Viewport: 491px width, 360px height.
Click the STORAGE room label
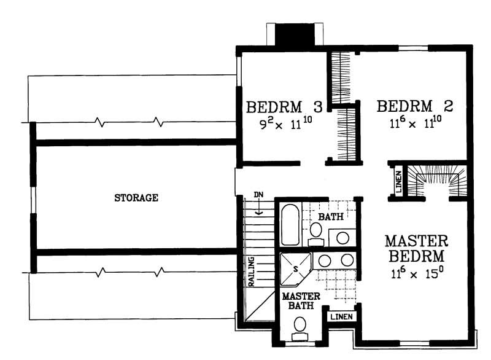[x=136, y=198]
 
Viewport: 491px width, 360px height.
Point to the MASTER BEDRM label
[x=416, y=247]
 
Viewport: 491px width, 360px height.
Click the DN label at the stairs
[x=259, y=195]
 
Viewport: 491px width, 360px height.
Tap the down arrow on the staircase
[x=260, y=209]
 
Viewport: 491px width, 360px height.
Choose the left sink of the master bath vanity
[x=325, y=260]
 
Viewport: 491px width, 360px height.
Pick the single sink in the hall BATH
[x=343, y=237]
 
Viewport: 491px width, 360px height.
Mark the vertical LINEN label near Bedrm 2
[x=397, y=182]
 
